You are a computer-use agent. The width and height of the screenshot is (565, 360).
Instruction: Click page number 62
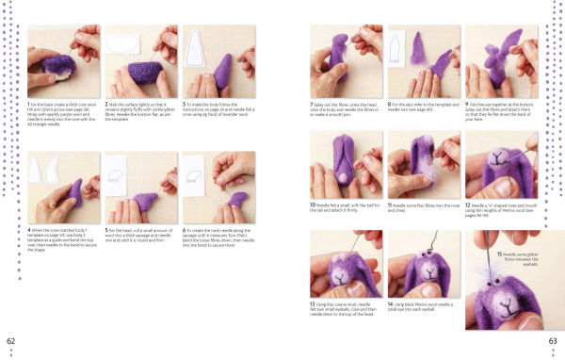[x=11, y=340]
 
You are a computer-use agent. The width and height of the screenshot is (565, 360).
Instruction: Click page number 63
[x=553, y=340]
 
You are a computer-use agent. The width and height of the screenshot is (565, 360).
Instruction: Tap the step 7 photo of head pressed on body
[x=346, y=61]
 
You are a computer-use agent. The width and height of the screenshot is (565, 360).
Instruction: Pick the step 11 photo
[x=424, y=164]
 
